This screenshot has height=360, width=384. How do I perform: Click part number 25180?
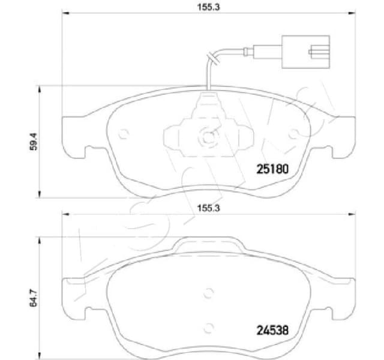pos(273,169)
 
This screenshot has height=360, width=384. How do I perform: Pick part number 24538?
pos(273,329)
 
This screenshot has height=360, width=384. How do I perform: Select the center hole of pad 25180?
pos(208,136)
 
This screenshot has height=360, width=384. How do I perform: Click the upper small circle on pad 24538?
pos(208,293)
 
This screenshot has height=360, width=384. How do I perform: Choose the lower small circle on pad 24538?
pos(208,328)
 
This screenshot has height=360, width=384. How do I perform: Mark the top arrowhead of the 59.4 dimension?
pos(40,88)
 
